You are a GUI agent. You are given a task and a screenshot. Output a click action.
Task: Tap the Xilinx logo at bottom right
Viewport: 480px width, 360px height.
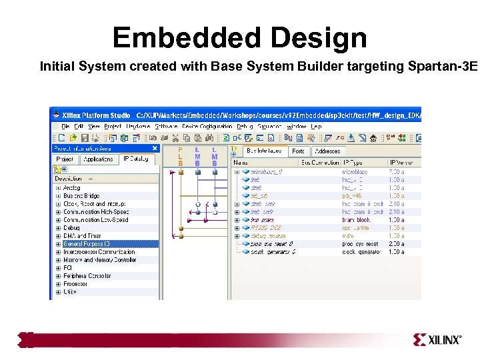point(437,340)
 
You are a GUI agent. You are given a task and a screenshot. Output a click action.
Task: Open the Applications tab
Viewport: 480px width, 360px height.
point(98,159)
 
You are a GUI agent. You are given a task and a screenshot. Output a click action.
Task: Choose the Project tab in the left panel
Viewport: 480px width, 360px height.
point(65,159)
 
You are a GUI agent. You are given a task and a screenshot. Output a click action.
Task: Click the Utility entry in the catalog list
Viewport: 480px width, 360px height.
point(70,291)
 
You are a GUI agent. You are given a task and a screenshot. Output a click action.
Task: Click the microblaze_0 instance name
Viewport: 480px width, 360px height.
point(267,171)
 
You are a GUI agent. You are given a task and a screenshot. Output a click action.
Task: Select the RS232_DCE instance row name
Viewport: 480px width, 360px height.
point(267,227)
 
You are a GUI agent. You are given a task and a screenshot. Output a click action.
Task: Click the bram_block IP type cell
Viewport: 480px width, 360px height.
point(356,219)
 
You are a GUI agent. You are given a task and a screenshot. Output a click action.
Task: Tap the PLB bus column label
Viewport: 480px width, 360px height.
point(180,157)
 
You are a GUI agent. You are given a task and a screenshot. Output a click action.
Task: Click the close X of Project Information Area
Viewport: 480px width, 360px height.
point(155,149)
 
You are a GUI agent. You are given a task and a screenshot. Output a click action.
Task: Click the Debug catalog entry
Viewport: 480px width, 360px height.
point(71,228)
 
